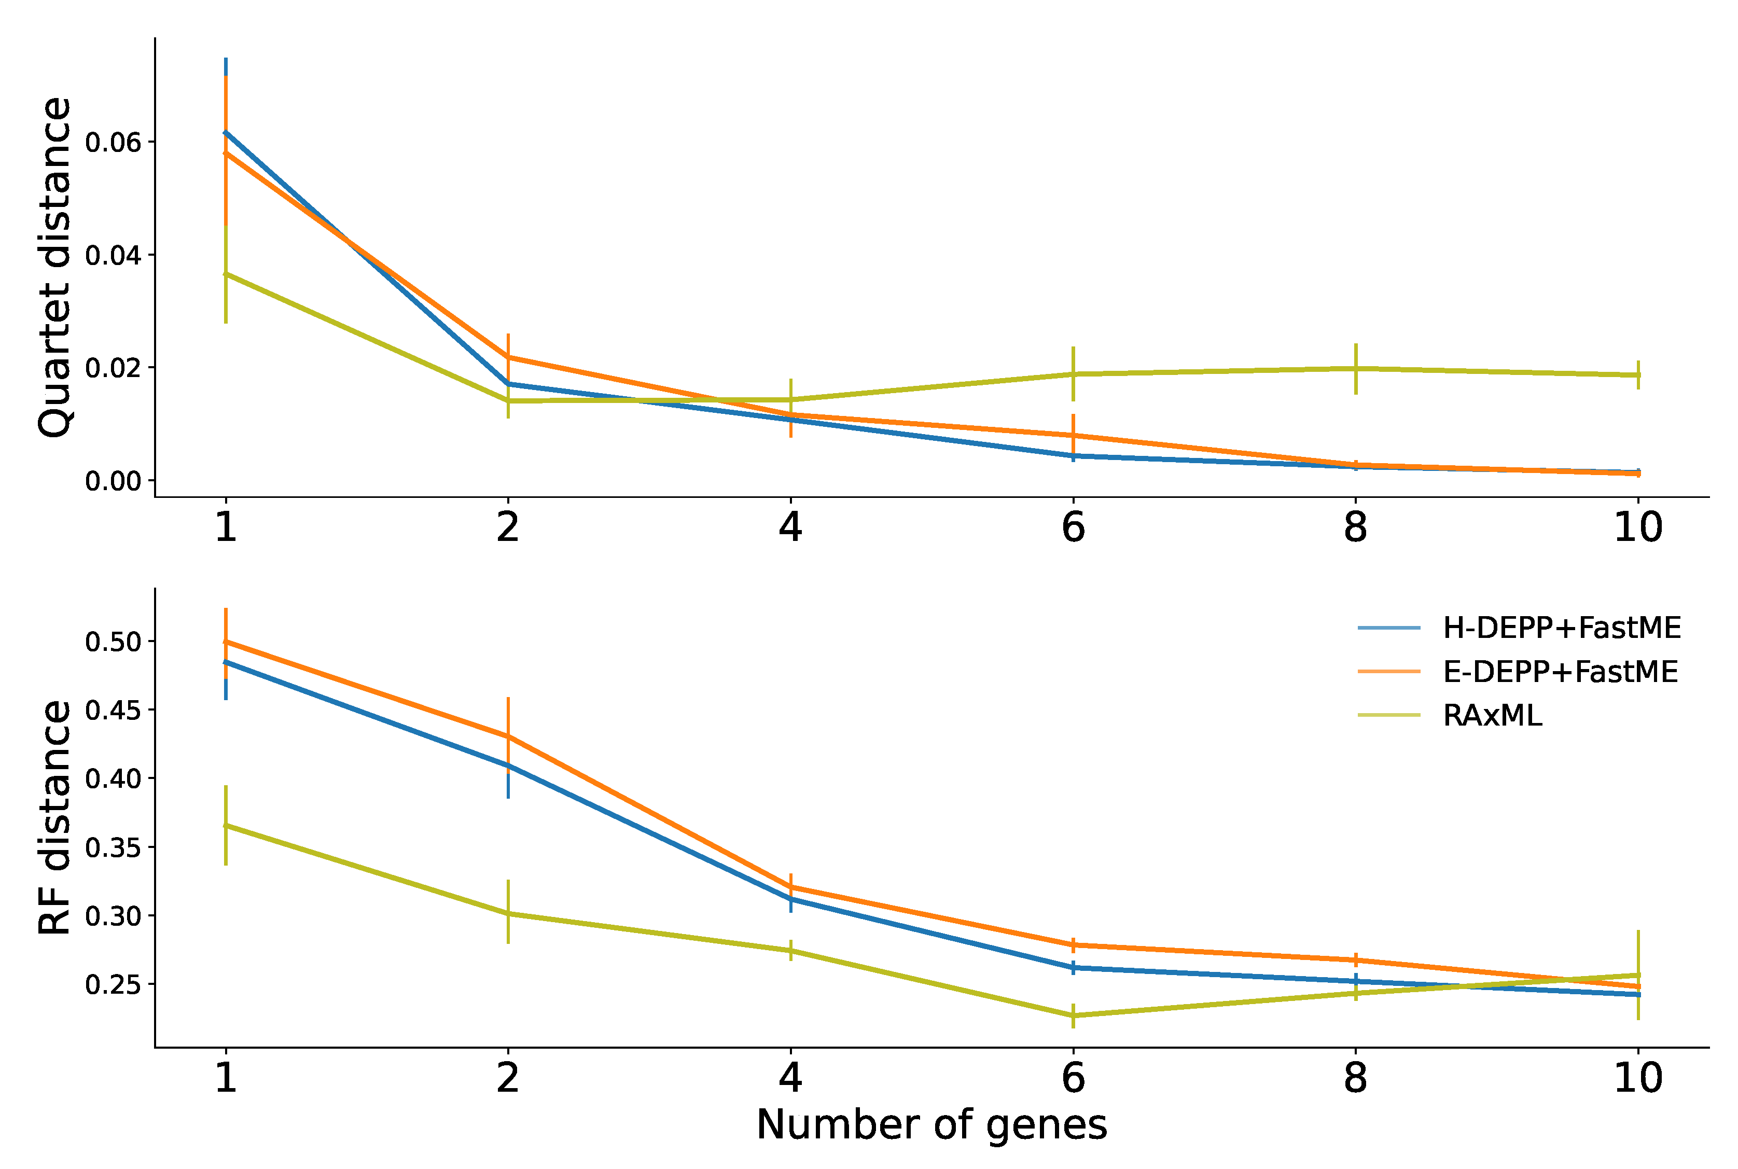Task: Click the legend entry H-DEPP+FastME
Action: coord(1561,629)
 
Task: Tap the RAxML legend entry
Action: coord(1493,716)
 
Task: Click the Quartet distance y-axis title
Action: coord(54,267)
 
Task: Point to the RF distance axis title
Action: coord(54,817)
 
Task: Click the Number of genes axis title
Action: coord(931,1125)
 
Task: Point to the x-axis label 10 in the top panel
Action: coord(1638,528)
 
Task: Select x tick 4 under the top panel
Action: coord(790,528)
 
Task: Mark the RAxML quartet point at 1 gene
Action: coord(226,274)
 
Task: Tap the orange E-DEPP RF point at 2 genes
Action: coord(508,736)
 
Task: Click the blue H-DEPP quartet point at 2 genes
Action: coord(508,384)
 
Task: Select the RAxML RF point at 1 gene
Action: coord(226,825)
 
